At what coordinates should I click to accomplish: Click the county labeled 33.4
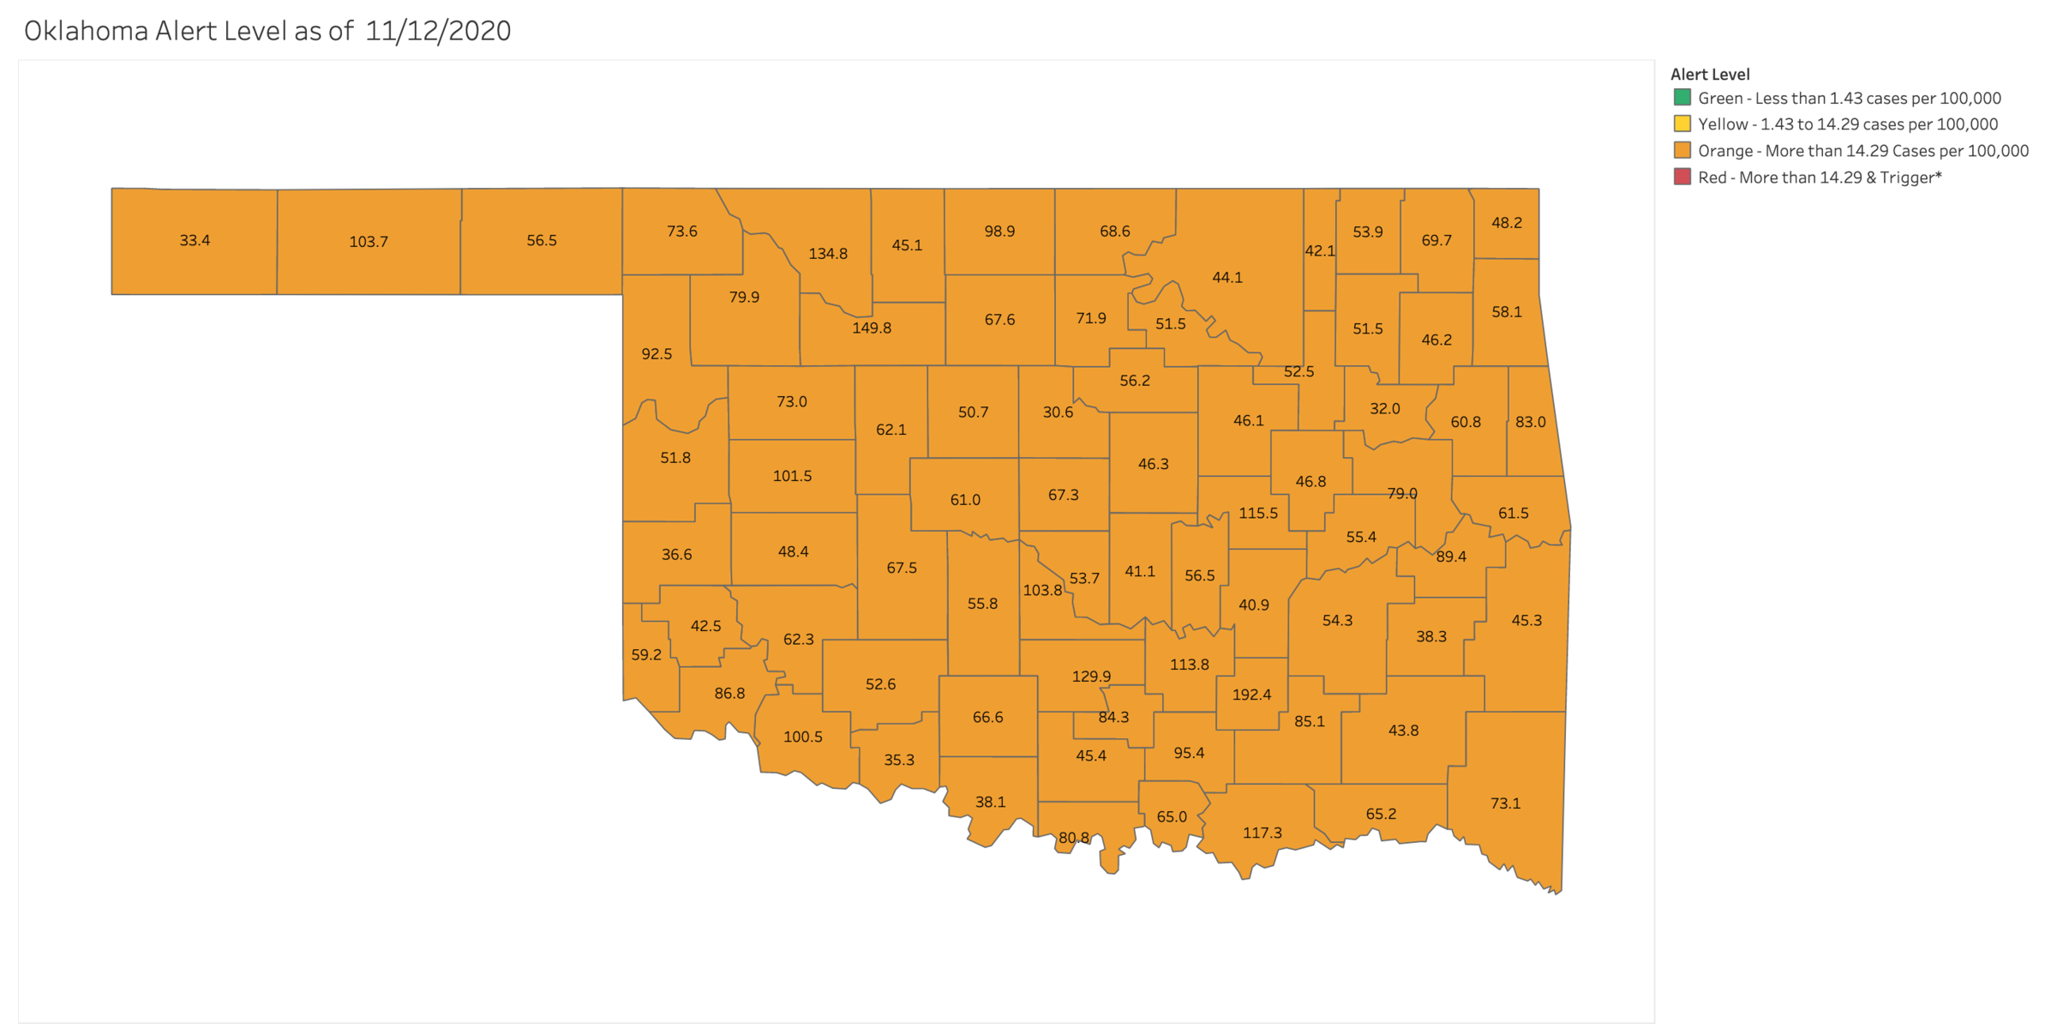[195, 241]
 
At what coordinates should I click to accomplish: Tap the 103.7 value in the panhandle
[369, 242]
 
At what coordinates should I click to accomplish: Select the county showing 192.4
[1251, 695]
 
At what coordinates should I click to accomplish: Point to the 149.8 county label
[872, 328]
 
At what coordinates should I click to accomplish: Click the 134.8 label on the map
[828, 254]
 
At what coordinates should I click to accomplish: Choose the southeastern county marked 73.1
[1505, 803]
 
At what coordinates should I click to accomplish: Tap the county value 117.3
[1262, 833]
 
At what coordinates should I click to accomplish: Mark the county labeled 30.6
[1058, 412]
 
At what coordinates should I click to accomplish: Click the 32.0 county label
[1385, 409]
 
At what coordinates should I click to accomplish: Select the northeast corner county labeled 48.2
[1507, 223]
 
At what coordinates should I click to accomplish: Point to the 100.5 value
[803, 737]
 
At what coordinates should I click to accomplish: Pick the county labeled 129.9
[1091, 677]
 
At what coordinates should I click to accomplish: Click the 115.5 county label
[1258, 514]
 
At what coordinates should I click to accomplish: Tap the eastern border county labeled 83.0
[1531, 422]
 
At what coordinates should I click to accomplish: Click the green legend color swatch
[1682, 98]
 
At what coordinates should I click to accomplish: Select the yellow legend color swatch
[1682, 124]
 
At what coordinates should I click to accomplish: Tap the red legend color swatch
[1682, 178]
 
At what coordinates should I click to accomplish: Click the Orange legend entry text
[1863, 151]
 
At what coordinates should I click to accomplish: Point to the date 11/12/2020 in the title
[438, 32]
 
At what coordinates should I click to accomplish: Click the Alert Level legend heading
[1710, 75]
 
